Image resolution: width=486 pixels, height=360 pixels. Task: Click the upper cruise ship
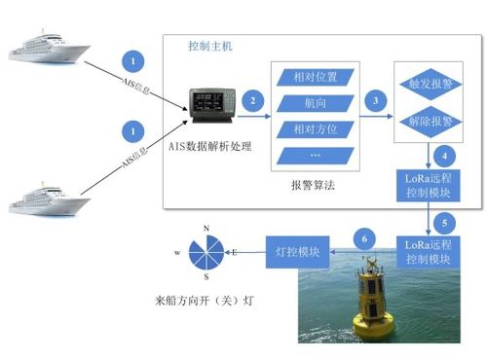click(48, 48)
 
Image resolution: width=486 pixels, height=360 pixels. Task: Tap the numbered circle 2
click(253, 100)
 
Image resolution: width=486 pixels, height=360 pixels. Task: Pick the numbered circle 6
click(365, 237)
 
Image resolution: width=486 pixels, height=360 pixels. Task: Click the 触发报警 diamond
click(428, 85)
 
